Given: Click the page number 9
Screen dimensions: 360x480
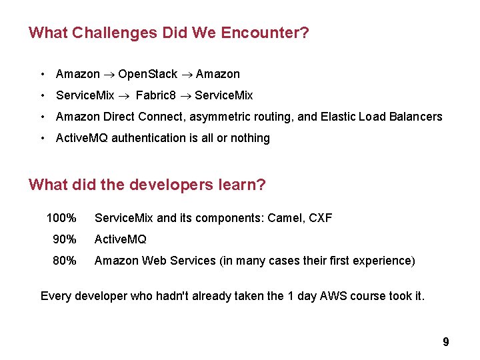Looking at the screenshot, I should click(x=446, y=342).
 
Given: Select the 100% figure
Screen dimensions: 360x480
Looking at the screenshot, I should click(x=61, y=218).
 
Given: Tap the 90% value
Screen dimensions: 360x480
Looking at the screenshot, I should click(x=65, y=239).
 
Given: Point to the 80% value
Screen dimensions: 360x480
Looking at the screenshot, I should click(x=65, y=261).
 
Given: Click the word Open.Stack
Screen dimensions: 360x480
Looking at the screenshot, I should click(x=147, y=74).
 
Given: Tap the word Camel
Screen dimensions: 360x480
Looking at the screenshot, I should click(x=287, y=218).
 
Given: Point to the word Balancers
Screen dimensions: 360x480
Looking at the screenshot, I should click(x=415, y=117).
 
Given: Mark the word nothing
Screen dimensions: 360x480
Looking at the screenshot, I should click(x=250, y=138).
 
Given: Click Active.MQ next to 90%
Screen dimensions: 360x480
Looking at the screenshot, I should click(x=120, y=239).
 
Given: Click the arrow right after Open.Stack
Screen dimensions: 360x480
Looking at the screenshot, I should click(x=187, y=74).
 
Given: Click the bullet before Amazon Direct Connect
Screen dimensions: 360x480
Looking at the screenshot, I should click(x=42, y=117).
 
